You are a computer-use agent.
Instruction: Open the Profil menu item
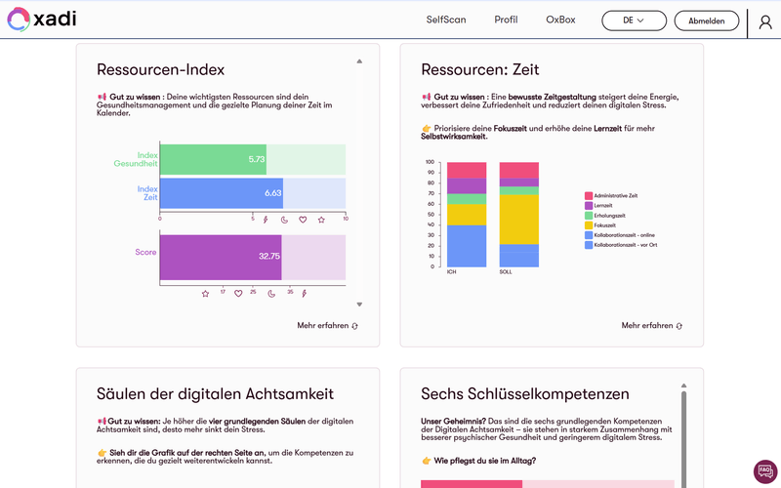pos(506,20)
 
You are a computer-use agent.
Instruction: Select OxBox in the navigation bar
pos(560,20)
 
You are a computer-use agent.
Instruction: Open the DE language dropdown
pos(634,20)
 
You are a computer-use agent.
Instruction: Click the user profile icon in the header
pos(764,21)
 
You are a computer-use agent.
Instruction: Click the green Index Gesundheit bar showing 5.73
pos(213,159)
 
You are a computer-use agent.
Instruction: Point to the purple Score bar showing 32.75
pos(221,256)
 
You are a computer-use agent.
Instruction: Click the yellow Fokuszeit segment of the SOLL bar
pos(518,220)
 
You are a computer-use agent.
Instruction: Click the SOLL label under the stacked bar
pos(505,272)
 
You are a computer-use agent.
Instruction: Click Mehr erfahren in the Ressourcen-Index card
pos(327,325)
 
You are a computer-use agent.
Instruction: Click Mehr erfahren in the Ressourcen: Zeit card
pos(651,325)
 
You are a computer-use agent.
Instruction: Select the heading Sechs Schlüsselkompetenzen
pos(524,394)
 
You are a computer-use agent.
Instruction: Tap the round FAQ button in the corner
pos(765,471)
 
